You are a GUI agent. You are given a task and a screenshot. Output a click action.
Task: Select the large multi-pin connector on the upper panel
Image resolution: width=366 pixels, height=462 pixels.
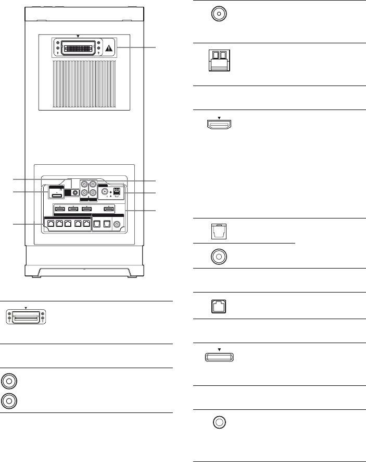point(78,48)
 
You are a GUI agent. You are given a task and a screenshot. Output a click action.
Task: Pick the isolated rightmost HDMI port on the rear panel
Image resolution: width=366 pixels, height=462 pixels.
point(108,210)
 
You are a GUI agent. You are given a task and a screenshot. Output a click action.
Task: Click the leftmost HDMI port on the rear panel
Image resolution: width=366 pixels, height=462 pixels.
point(60,210)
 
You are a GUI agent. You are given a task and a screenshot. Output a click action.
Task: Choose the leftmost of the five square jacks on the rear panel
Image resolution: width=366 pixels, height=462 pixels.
point(49,224)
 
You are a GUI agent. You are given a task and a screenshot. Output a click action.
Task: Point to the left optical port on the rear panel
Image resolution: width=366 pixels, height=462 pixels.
point(97,224)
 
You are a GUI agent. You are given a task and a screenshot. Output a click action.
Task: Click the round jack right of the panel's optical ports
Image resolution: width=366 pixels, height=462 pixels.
point(117,224)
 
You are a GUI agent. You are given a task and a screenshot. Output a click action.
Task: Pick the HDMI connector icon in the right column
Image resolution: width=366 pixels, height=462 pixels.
point(218,125)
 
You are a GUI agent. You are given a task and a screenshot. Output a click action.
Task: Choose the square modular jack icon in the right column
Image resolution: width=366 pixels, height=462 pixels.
point(218,307)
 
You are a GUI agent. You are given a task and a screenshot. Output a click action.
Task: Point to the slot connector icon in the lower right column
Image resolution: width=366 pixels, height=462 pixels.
point(218,358)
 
